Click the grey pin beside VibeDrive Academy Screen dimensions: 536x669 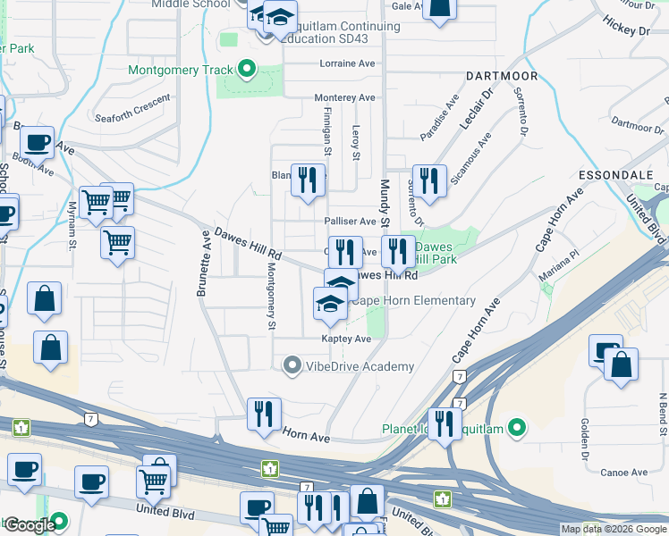292,366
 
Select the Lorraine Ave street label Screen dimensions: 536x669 347,64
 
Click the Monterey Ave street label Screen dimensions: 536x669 344,97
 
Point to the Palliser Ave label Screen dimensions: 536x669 350,221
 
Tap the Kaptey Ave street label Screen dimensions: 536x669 347,339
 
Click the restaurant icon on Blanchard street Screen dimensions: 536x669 307,180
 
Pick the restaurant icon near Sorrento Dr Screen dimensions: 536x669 428,181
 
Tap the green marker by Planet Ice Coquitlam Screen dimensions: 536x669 516,429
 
